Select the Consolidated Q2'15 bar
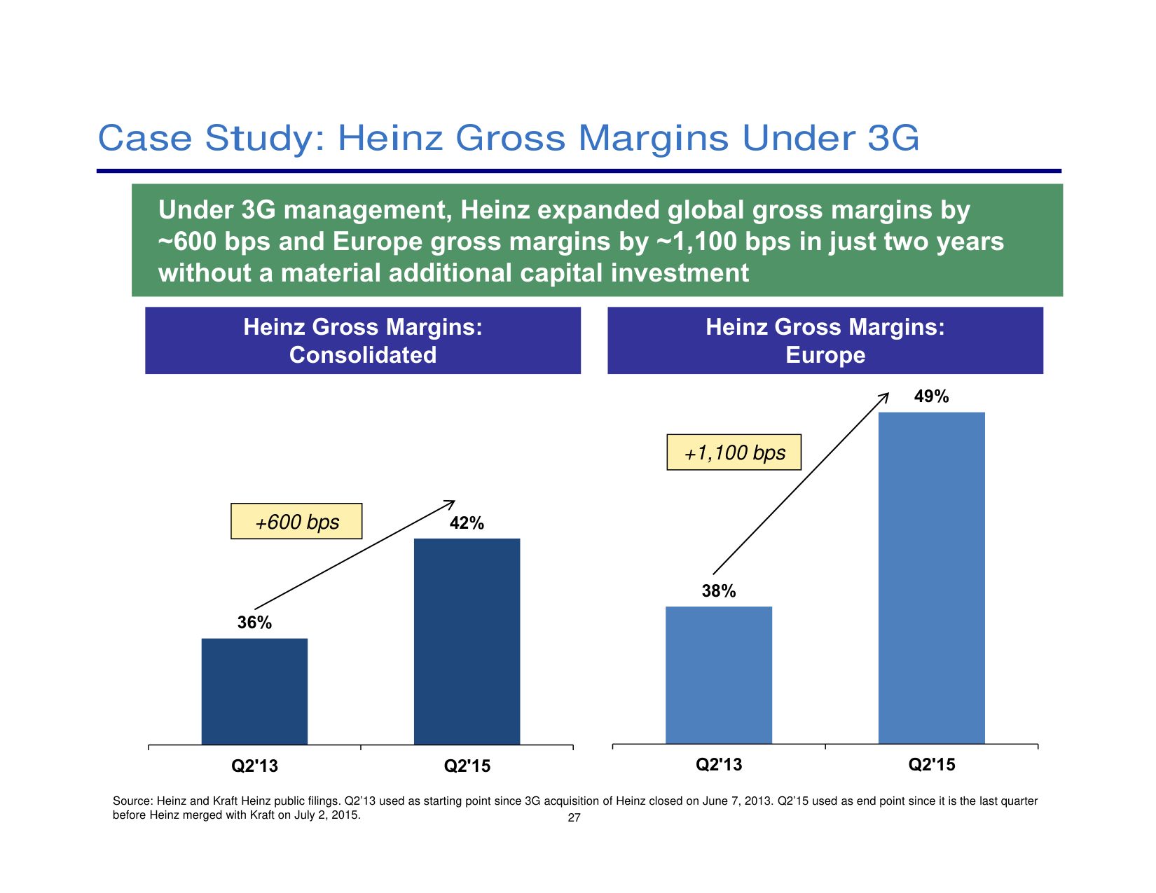467,641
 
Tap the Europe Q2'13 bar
719,674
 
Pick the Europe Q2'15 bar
931,578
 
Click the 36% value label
254,623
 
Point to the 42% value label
467,523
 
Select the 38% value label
719,591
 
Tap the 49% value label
931,396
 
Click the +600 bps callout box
296,522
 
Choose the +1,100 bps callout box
734,452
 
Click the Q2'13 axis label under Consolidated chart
254,766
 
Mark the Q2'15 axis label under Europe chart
931,765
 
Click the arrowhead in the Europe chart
885,396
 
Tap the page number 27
574,818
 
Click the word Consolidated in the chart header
363,355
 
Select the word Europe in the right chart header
825,355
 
